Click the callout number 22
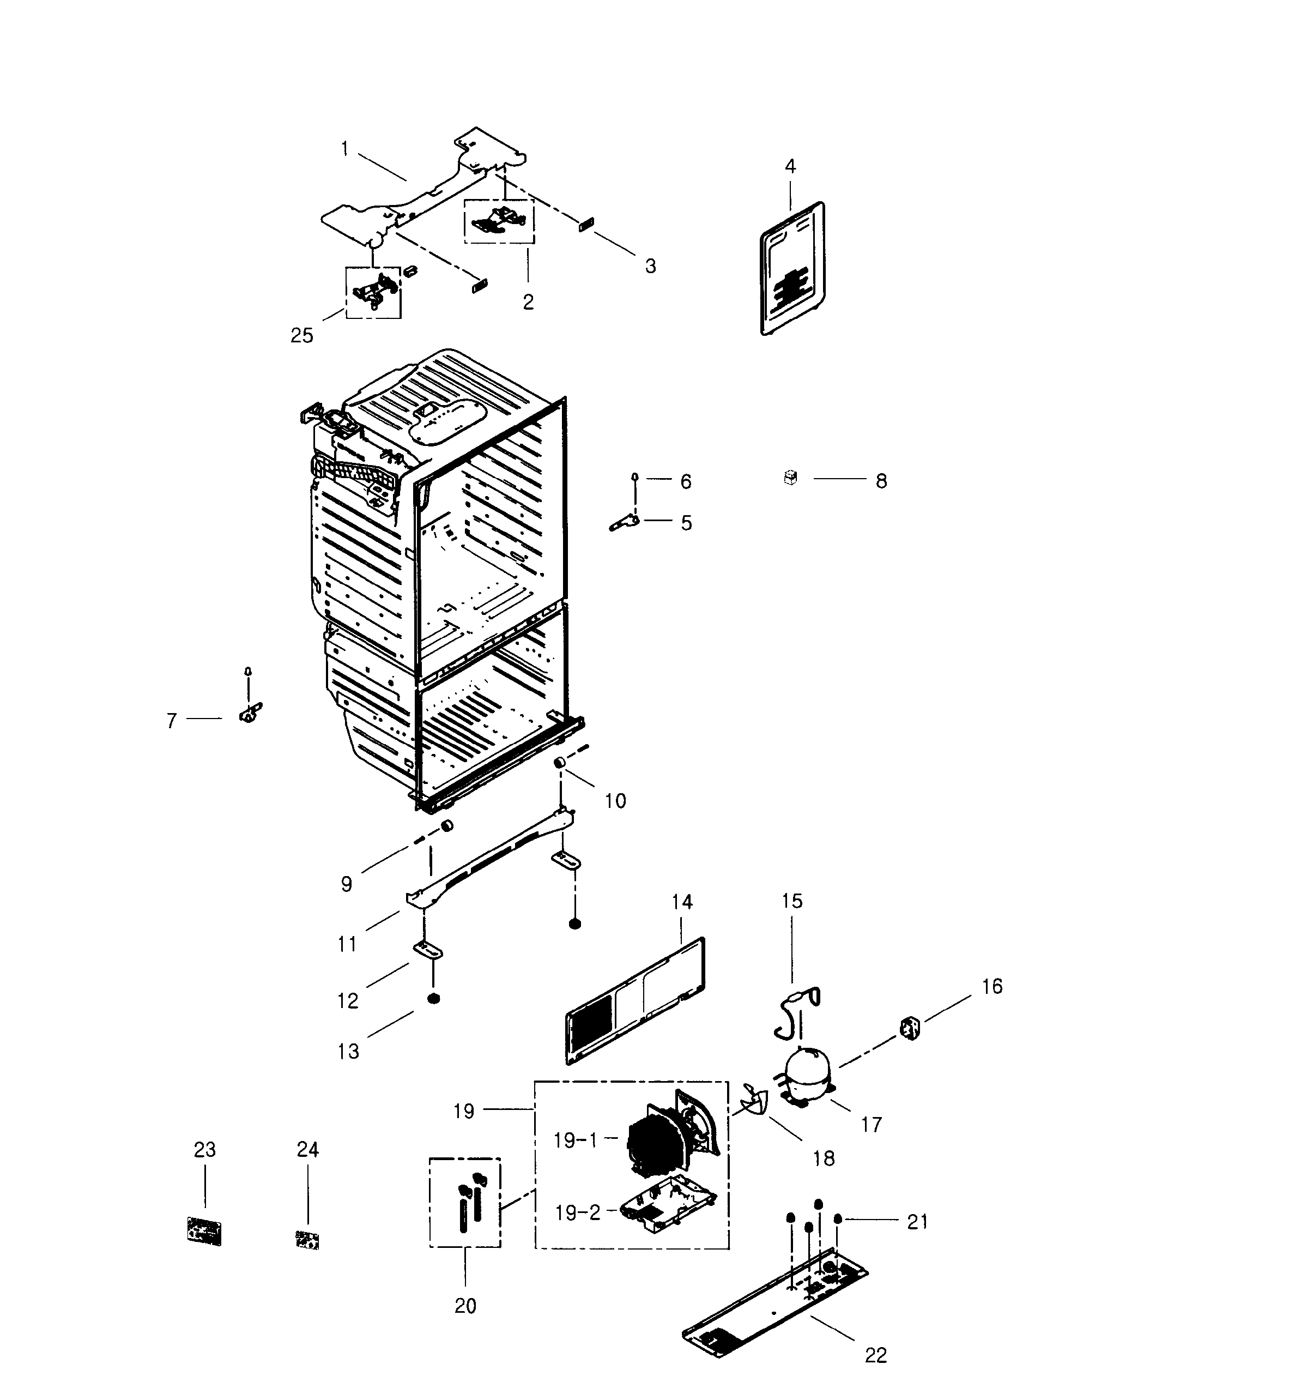[876, 1355]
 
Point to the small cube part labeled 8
[790, 478]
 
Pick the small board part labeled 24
[306, 1240]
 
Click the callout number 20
[465, 1305]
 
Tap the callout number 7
[171, 720]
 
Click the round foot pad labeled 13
[433, 999]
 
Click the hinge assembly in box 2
[498, 218]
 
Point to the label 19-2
[577, 1212]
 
